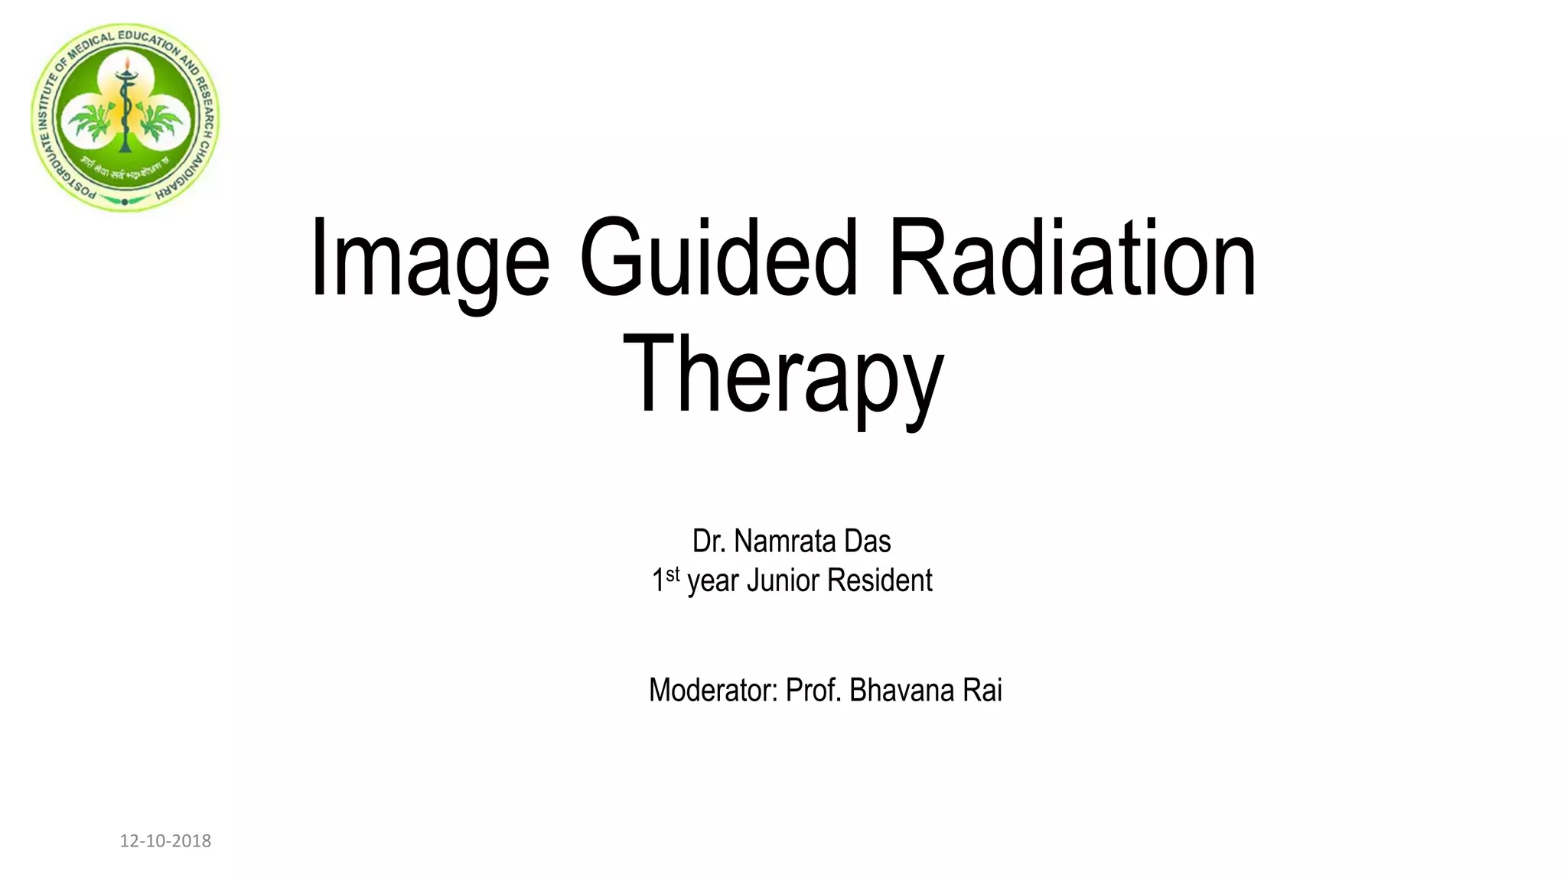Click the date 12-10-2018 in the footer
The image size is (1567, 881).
coord(165,841)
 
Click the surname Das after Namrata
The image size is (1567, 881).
coord(868,541)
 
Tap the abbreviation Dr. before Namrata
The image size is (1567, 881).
coord(709,541)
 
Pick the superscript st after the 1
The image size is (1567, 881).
coord(673,574)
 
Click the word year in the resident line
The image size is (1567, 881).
coord(714,581)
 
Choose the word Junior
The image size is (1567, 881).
coord(783,580)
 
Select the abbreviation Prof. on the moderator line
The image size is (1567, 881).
coord(814,691)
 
